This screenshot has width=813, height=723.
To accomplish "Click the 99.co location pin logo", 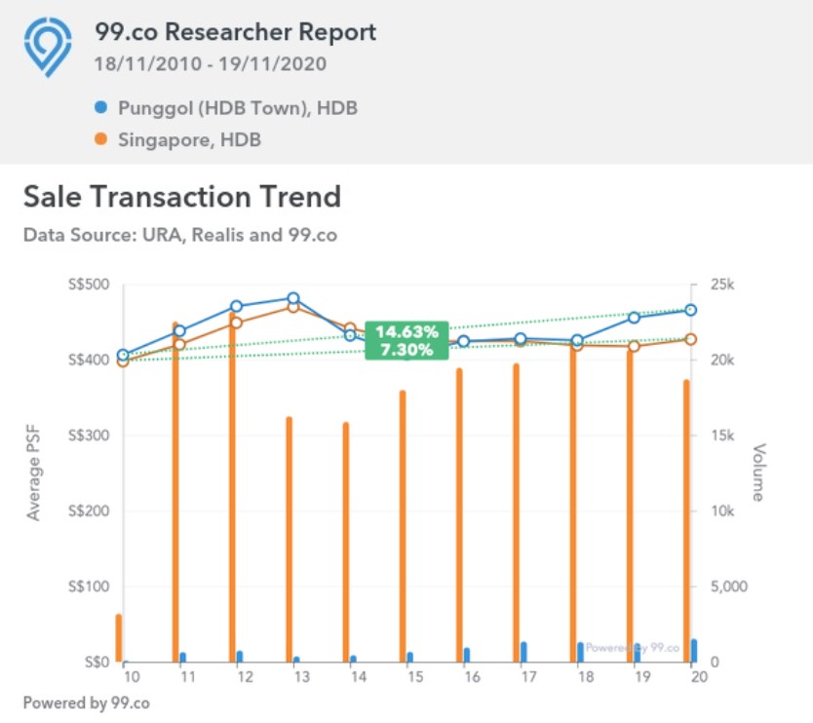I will [48, 46].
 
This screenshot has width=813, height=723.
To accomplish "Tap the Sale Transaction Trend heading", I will [182, 197].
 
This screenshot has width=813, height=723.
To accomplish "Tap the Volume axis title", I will [757, 474].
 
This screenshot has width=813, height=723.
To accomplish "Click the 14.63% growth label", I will [406, 332].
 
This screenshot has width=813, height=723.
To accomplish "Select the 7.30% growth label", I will [406, 350].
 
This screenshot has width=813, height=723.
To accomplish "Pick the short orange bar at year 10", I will [119, 638].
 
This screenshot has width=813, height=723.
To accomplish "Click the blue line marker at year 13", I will [293, 299].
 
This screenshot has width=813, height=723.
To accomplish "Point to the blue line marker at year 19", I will [635, 317].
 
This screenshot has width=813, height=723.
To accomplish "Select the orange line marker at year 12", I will [236, 323].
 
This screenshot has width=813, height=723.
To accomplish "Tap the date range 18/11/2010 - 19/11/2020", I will [211, 64].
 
